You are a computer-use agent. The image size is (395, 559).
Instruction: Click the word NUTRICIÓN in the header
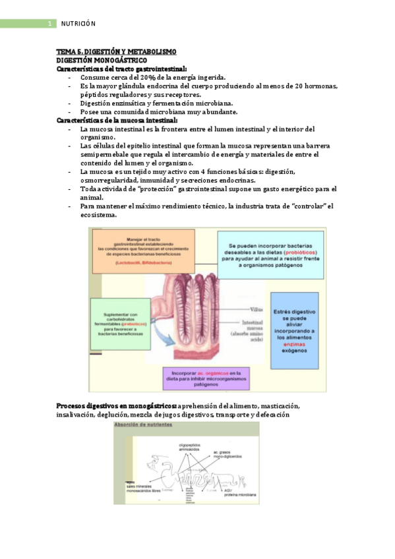[78, 24]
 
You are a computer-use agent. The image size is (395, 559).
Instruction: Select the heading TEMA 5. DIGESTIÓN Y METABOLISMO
[116, 52]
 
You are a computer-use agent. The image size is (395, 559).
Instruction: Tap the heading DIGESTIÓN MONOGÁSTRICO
[97, 60]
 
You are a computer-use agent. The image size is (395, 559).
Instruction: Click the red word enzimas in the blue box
[293, 345]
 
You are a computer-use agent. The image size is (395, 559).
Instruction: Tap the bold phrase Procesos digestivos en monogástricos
[116, 405]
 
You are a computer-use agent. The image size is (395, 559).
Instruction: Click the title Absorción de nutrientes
[144, 425]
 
